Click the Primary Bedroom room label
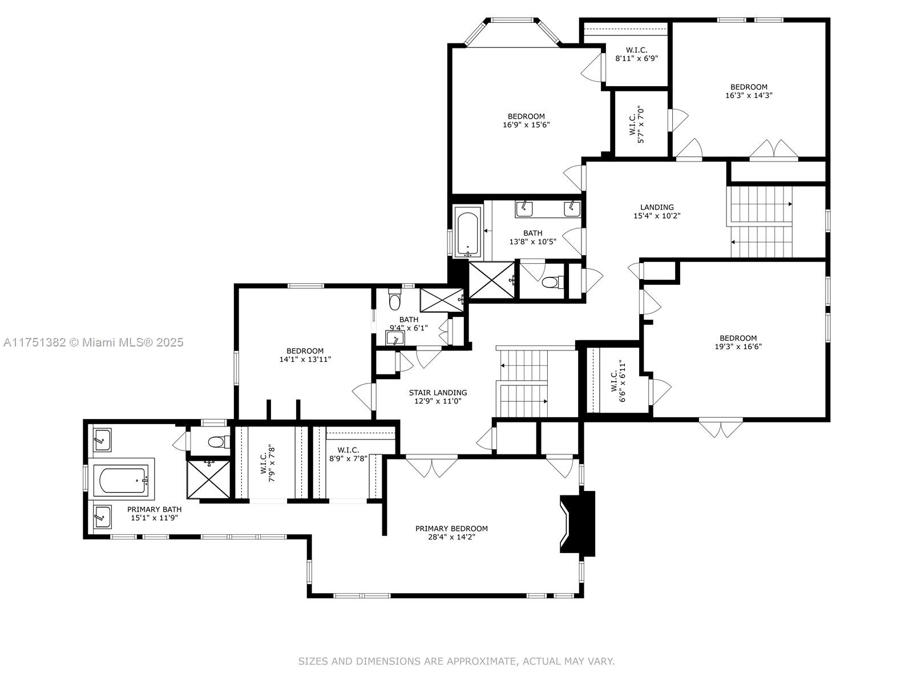pyautogui.click(x=451, y=529)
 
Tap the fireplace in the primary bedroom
pyautogui.click(x=577, y=523)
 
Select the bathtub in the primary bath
pyautogui.click(x=123, y=481)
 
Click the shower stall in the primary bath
pyautogui.click(x=209, y=479)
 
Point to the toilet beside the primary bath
pyautogui.click(x=217, y=442)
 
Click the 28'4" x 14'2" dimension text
pyautogui.click(x=451, y=537)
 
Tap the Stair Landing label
pyautogui.click(x=438, y=393)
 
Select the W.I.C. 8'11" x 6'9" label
pyautogui.click(x=636, y=54)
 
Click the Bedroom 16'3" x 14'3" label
pyautogui.click(x=749, y=91)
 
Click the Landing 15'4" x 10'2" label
pyautogui.click(x=657, y=211)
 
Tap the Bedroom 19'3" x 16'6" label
pyautogui.click(x=738, y=342)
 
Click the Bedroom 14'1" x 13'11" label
pyautogui.click(x=305, y=355)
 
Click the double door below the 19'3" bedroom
pyautogui.click(x=721, y=428)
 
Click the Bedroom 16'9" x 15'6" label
pyautogui.click(x=527, y=120)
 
